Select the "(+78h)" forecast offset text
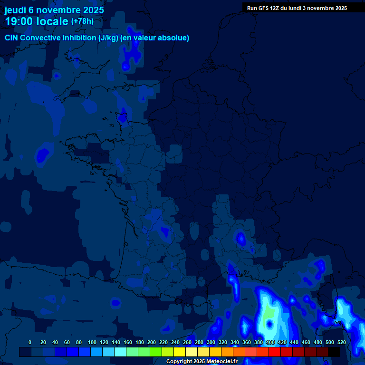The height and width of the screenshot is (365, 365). tap(82, 21)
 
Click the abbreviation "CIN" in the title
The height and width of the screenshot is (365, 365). tap(11, 38)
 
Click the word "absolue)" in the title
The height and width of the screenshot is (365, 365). tap(174, 38)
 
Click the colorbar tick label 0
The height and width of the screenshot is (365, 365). tap(30, 342)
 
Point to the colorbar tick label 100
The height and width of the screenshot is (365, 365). tap(92, 342)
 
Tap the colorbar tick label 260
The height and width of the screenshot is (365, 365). tap(187, 342)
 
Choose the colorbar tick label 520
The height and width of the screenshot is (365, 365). tap(341, 342)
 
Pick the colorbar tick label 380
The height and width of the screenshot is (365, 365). tap(259, 342)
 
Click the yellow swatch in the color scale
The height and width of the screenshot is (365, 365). tap(180, 352)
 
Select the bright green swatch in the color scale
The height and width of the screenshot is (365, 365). tap(156, 352)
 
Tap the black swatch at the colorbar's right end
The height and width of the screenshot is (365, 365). tap(334, 352)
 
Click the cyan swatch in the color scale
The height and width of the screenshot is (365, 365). tap(120, 352)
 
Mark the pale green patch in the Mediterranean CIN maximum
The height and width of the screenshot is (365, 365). tap(269, 313)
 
